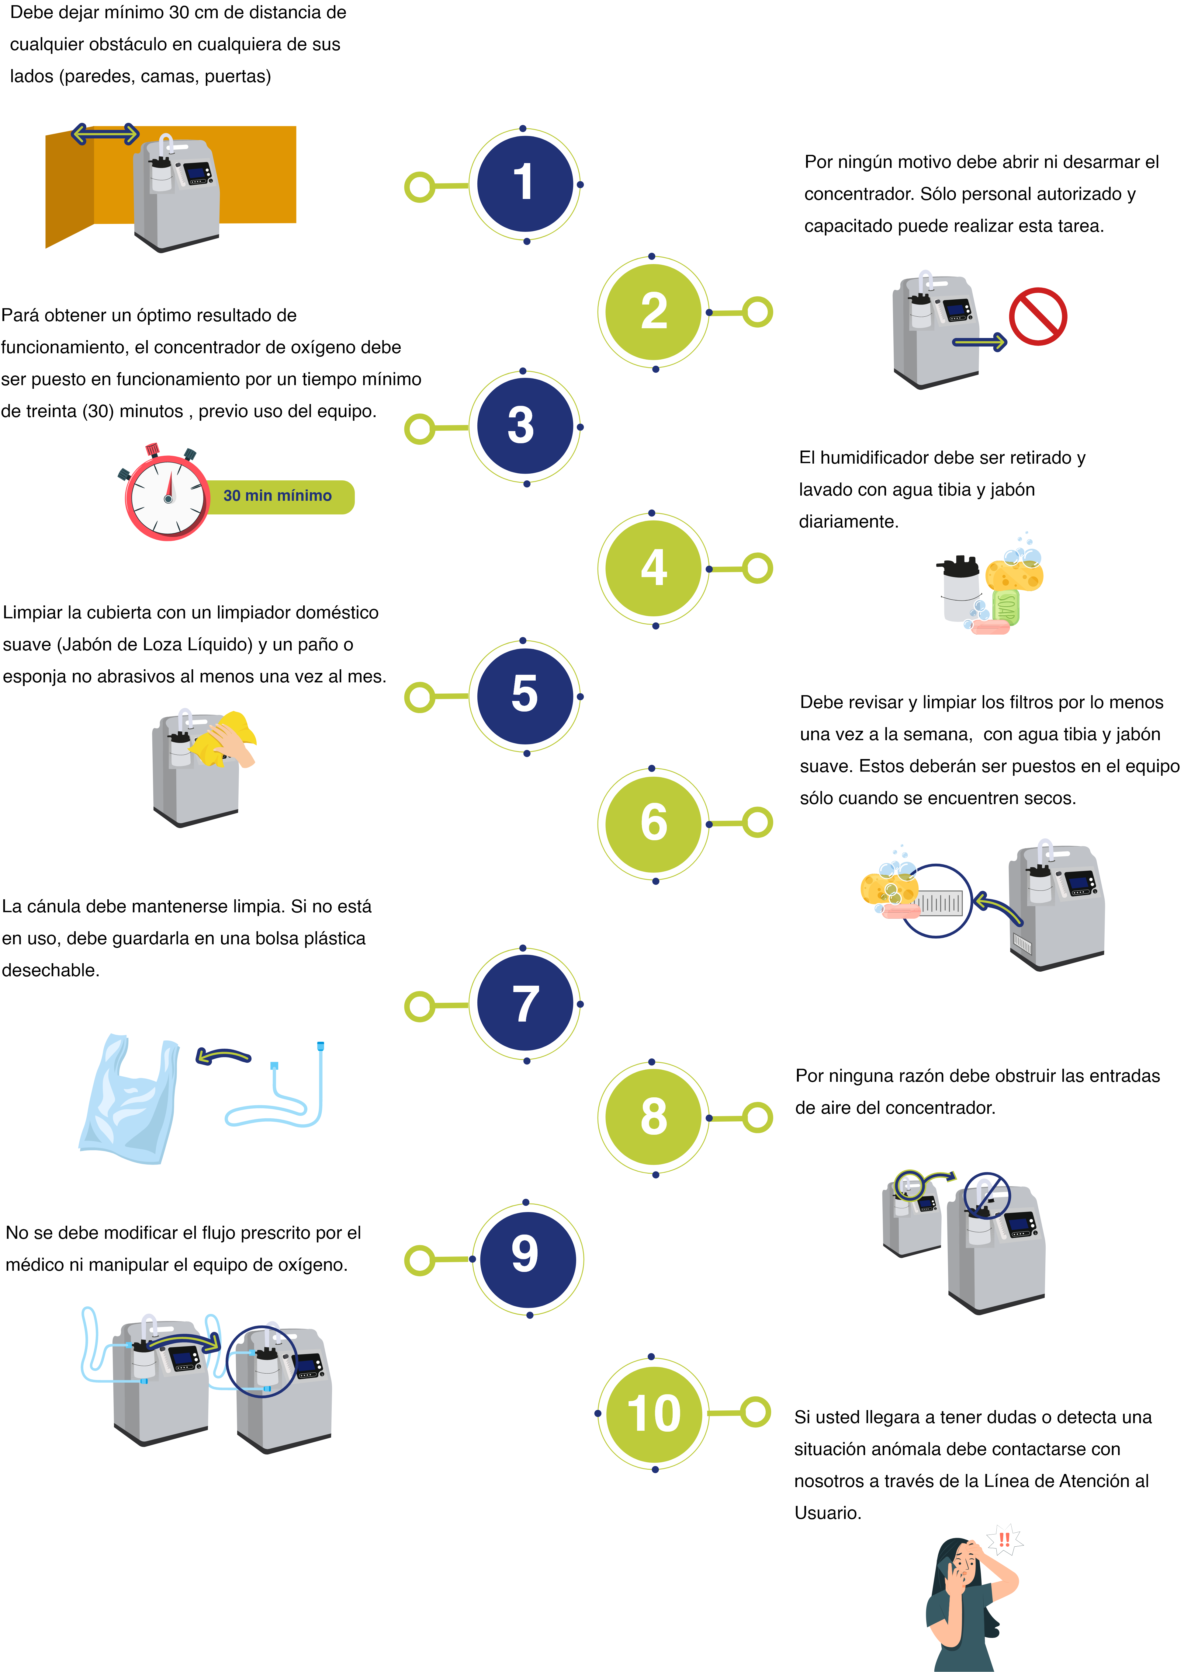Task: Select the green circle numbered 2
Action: pos(653,312)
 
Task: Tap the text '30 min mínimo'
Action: pos(277,496)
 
